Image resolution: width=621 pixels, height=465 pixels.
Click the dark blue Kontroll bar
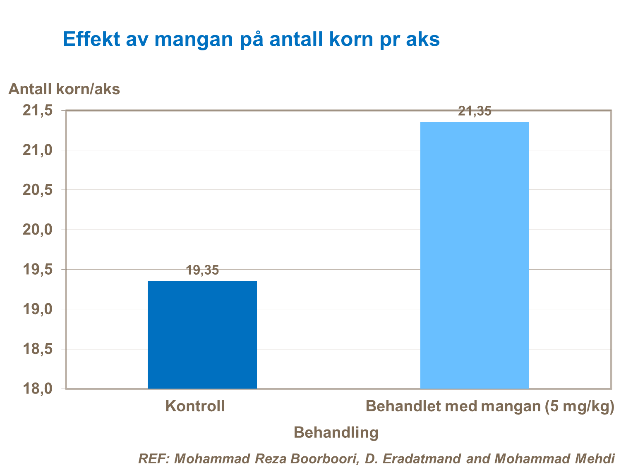click(x=202, y=335)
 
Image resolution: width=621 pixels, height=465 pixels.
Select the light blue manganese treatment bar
click(x=475, y=255)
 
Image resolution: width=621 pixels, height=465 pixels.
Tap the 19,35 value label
click(x=202, y=270)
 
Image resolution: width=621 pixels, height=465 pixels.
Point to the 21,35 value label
click(x=475, y=111)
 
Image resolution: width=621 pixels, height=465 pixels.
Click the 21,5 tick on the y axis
click(x=37, y=111)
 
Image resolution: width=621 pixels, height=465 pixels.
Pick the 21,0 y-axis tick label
click(x=37, y=150)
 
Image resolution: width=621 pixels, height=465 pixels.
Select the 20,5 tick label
click(x=37, y=190)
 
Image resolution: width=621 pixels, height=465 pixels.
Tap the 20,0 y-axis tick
click(x=37, y=230)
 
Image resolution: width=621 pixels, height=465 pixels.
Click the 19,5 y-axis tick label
click(x=37, y=270)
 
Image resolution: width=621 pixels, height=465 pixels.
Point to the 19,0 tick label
click(x=37, y=309)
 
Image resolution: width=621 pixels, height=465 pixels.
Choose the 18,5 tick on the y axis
click(x=37, y=349)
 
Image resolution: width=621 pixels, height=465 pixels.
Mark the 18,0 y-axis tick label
click(x=37, y=389)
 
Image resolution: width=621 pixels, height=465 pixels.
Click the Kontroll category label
click(x=195, y=406)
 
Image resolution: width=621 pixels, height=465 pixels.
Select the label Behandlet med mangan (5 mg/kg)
click(x=490, y=406)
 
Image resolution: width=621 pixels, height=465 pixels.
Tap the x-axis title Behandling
click(x=336, y=432)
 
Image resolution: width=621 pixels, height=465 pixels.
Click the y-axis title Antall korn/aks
click(x=64, y=89)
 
